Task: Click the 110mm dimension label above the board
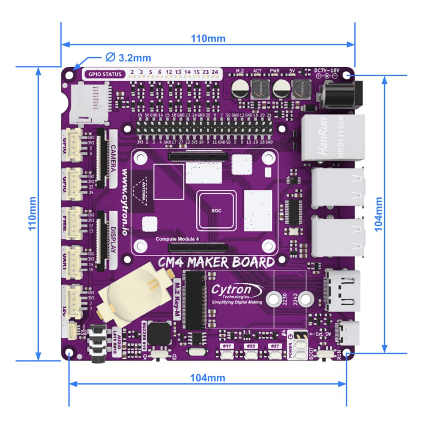208,39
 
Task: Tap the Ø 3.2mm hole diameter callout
128,57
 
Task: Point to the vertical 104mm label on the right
379,214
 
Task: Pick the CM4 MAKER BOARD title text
216,263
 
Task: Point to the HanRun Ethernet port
333,138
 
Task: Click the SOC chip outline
216,210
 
